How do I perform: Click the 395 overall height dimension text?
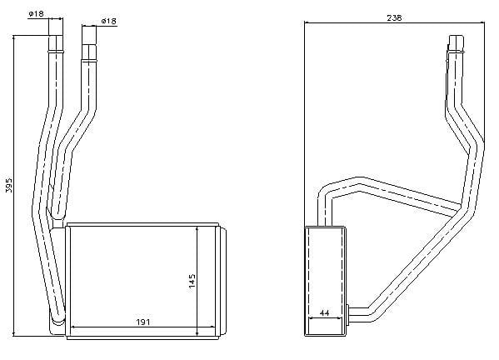(9, 186)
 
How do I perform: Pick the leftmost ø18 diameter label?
(35, 13)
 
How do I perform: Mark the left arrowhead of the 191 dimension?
(74, 327)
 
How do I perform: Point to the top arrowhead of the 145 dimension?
(197, 229)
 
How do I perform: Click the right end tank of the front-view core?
(217, 280)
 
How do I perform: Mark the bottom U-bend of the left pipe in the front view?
(57, 318)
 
